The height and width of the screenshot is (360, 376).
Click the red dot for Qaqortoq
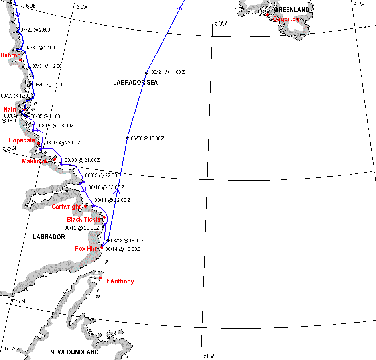click(267, 15)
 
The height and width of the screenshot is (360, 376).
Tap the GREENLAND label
click(292, 10)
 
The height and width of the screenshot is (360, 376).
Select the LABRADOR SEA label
click(135, 83)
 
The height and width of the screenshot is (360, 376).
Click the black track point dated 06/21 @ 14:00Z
click(147, 73)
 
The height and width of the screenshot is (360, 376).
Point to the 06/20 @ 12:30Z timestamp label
click(148, 138)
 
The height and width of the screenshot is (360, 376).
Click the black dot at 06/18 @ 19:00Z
click(108, 240)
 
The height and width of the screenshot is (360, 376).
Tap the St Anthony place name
click(118, 281)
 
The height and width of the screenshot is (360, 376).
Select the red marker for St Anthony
click(100, 278)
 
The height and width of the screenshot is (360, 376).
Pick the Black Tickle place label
click(83, 220)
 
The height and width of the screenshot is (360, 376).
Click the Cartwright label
click(66, 207)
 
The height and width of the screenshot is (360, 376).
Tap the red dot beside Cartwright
click(85, 207)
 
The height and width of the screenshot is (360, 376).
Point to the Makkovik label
click(35, 161)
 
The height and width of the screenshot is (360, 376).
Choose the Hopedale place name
click(22, 140)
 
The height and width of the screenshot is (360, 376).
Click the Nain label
click(10, 110)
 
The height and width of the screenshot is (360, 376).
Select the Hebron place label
click(10, 55)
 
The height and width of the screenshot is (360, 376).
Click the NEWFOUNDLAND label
click(74, 352)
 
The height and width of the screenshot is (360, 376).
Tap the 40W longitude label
click(358, 4)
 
